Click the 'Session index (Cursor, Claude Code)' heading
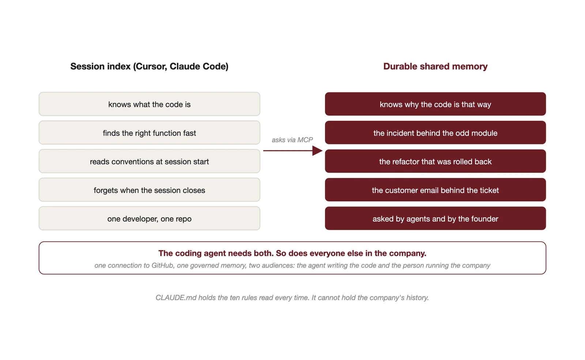click(150, 66)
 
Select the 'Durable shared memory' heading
click(435, 66)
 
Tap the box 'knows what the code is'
click(150, 104)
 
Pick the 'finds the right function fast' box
click(150, 133)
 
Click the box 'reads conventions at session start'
click(150, 161)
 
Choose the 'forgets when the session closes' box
click(150, 190)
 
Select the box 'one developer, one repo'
click(150, 218)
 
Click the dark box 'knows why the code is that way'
click(435, 104)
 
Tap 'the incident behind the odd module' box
click(435, 133)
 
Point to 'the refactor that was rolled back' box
click(435, 161)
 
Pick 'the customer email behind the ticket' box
click(435, 190)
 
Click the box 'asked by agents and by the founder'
click(435, 218)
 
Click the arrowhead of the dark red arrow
click(318, 151)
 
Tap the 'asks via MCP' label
click(292, 140)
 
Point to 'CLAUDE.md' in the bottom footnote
click(176, 298)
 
